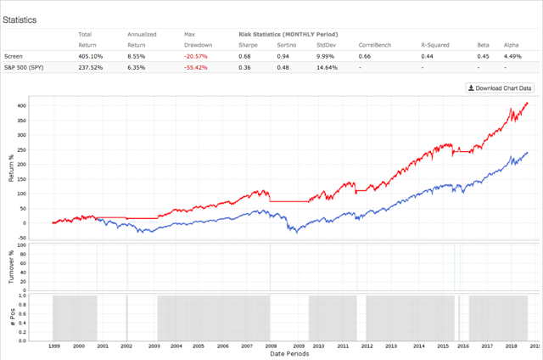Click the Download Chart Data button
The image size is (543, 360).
coord(499,87)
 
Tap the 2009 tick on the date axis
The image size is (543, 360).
coord(299,347)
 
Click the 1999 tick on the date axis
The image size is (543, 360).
coord(53,347)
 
